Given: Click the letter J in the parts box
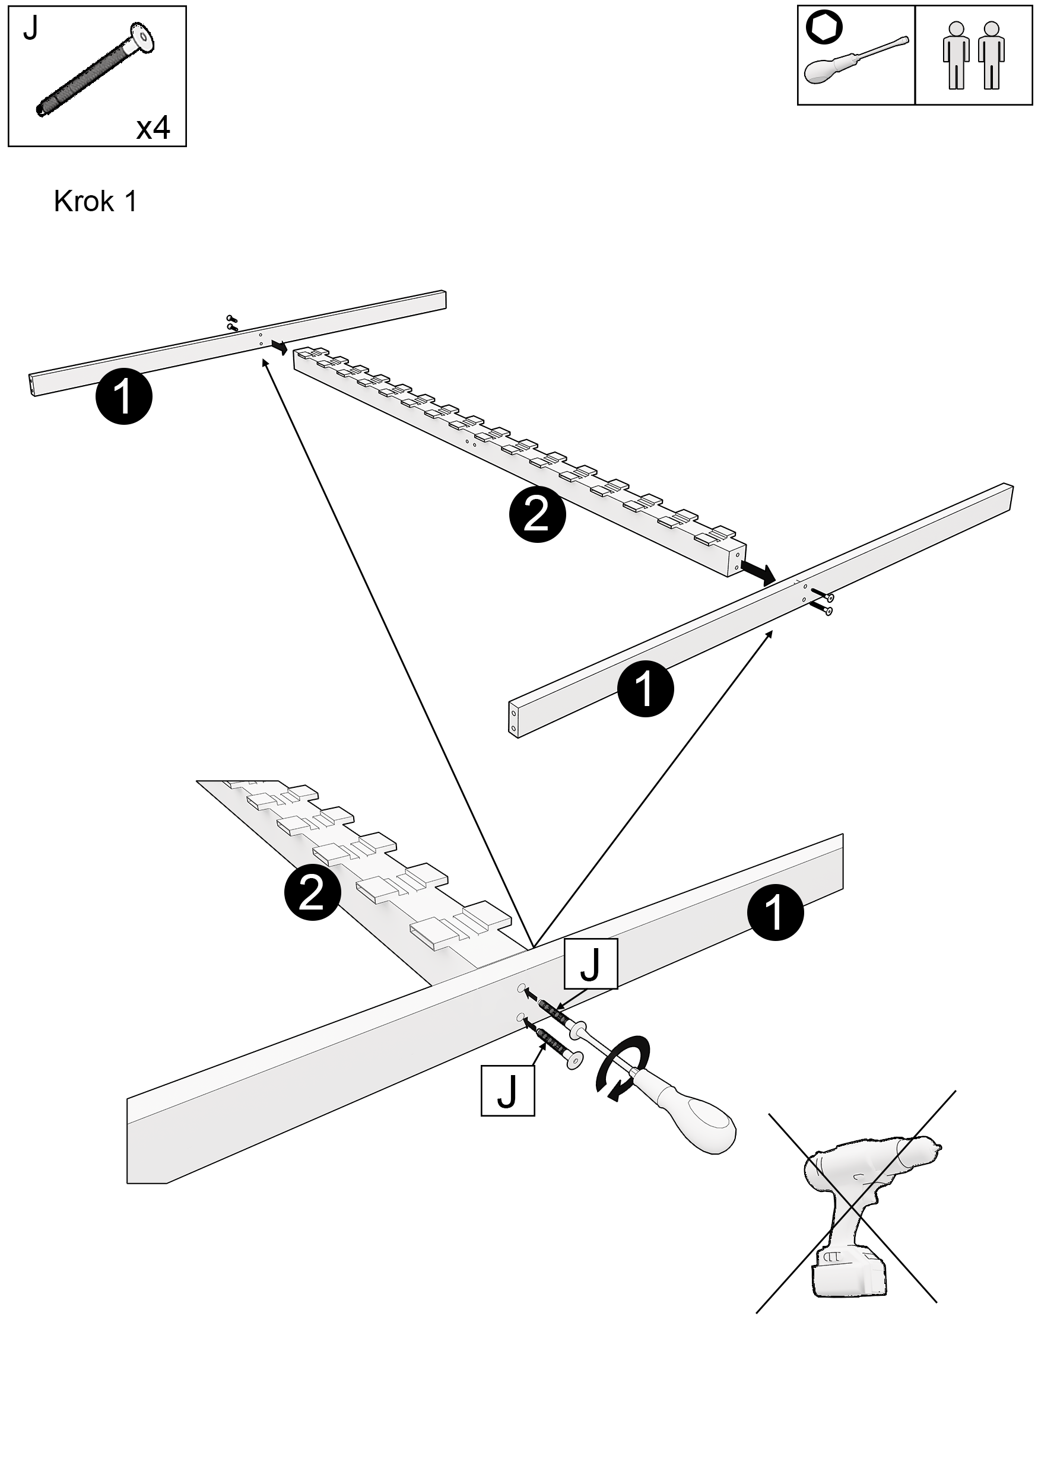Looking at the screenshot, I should pyautogui.click(x=31, y=29).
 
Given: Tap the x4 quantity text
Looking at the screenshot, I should pyautogui.click(x=153, y=128).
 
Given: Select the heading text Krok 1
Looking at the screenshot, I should pyautogui.click(x=95, y=201).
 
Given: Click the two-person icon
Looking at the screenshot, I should pyautogui.click(x=973, y=55).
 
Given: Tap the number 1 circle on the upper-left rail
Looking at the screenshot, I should pyautogui.click(x=123, y=396).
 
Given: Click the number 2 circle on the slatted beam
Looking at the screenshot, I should pyautogui.click(x=537, y=514).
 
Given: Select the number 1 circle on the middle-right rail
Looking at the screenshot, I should pyautogui.click(x=645, y=689).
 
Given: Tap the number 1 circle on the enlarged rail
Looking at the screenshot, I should pyautogui.click(x=775, y=913).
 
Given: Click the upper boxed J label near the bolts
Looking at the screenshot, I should pyautogui.click(x=591, y=964).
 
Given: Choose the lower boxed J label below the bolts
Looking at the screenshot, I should pyautogui.click(x=507, y=1091).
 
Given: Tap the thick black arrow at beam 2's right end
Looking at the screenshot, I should pyautogui.click(x=758, y=572).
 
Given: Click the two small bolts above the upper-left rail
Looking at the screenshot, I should pyautogui.click(x=232, y=323).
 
